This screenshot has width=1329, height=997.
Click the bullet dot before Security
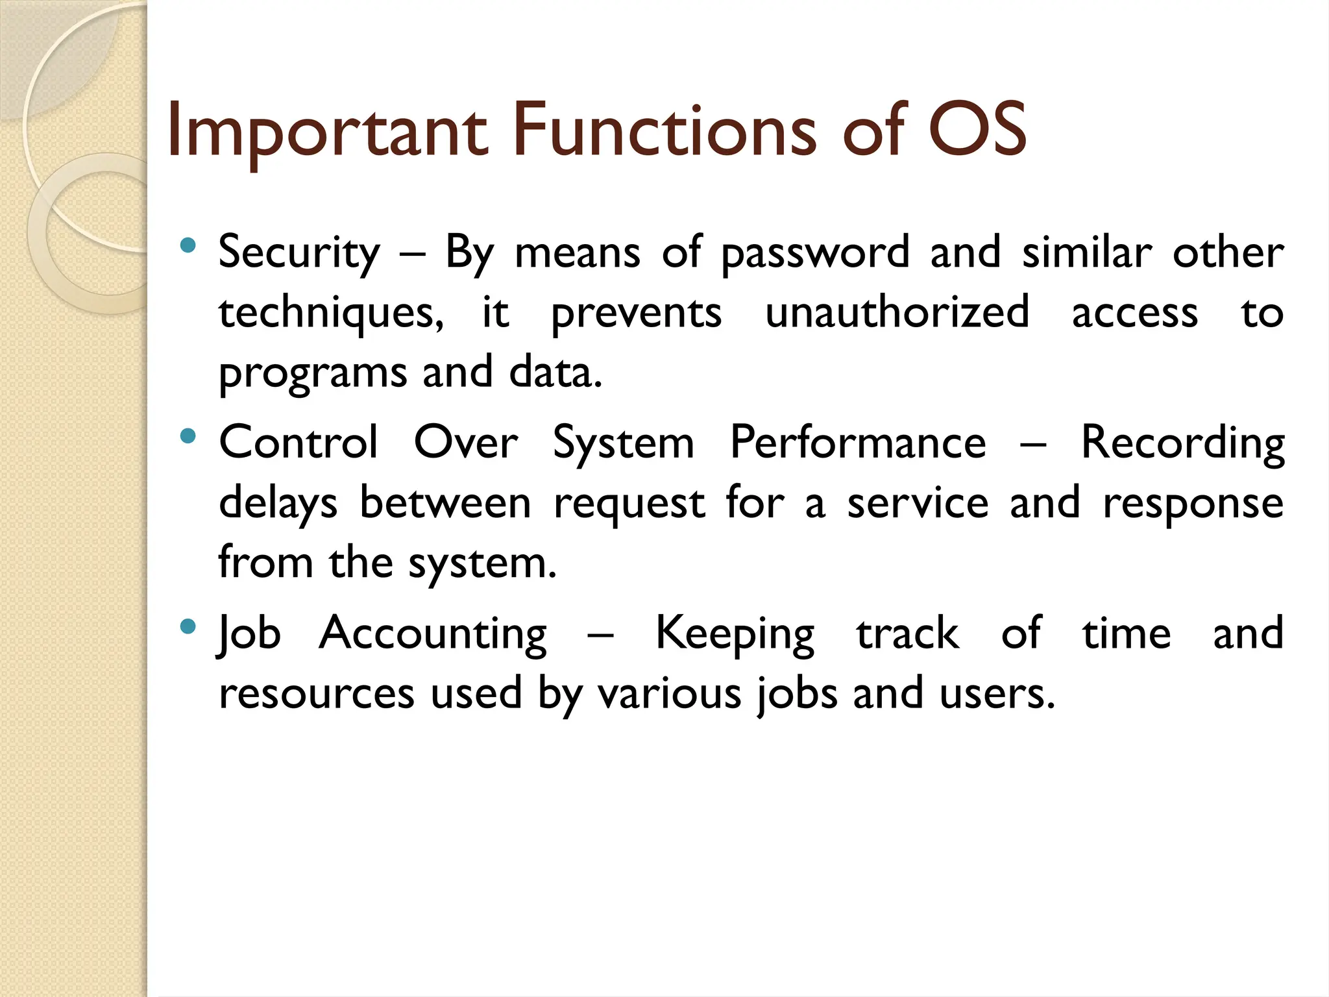coord(188,245)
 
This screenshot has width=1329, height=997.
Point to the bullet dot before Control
coord(188,436)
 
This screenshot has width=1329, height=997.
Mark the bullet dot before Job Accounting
coord(188,626)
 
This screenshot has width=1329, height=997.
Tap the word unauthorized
coord(897,312)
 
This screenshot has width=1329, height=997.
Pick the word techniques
coord(331,312)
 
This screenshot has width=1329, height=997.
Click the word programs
coord(312,373)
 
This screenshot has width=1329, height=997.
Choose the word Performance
coord(858,443)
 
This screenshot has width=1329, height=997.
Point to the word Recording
coord(1182,443)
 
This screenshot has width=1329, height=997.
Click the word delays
coord(278,503)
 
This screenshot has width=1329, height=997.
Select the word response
coord(1193,503)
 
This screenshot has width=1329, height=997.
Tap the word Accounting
coord(433,633)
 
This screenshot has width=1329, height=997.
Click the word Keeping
coord(735,633)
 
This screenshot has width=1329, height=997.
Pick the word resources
coord(316,693)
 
